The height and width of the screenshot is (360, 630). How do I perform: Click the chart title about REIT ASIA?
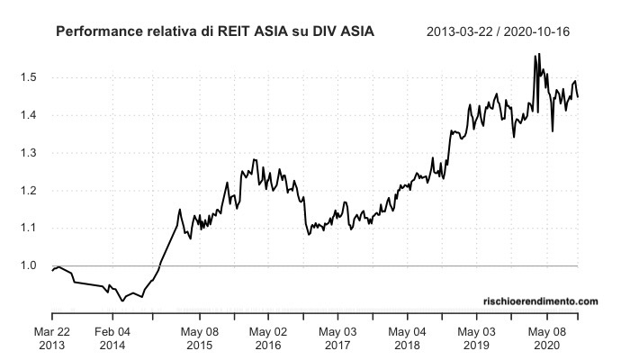pos(215,32)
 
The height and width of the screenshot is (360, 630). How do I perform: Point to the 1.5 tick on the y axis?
pos(28,77)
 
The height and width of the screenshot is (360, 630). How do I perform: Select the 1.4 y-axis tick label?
pos(28,115)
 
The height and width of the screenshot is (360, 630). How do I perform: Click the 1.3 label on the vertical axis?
pos(28,153)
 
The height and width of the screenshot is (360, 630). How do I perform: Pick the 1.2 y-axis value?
pos(28,191)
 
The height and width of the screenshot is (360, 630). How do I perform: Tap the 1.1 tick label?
pos(28,229)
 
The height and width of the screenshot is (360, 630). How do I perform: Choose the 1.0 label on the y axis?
pos(28,266)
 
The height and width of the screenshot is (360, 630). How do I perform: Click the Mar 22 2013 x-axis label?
pos(51,337)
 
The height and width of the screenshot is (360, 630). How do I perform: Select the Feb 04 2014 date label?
pos(112,337)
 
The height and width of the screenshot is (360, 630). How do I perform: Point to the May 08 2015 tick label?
pos(201,337)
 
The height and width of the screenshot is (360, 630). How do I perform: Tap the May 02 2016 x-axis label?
pos(269,337)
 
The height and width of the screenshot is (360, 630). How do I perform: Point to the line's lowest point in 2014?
pos(122,301)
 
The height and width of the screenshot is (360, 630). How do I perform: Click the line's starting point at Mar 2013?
pos(52,270)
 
